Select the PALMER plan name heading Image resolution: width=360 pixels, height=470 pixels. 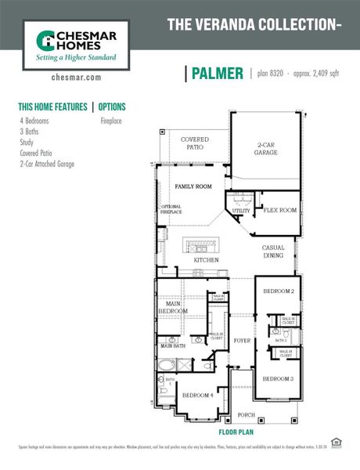[x=216, y=74]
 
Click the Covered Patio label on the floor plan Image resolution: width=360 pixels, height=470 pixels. [x=195, y=143]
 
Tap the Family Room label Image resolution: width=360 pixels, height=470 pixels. [x=193, y=187]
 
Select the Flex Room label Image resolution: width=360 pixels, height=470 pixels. [x=279, y=211]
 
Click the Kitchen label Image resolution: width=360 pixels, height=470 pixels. [x=207, y=260]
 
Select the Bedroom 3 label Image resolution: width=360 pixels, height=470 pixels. [x=277, y=379]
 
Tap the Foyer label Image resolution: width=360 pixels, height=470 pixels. [x=242, y=341]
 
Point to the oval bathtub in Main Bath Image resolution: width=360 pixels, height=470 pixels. [x=167, y=365]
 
